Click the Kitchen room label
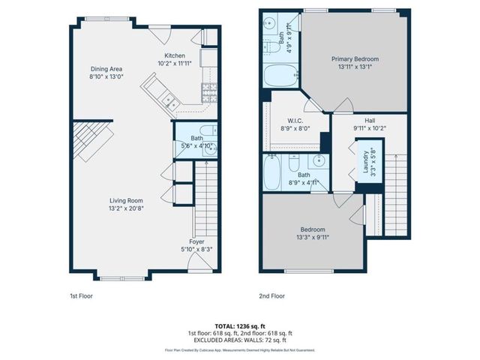pyautogui.click(x=175, y=55)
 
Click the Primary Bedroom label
pyautogui.click(x=356, y=58)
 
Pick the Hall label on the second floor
pyautogui.click(x=370, y=120)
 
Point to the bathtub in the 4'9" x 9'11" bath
pyautogui.click(x=281, y=76)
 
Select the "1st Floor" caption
pyautogui.click(x=81, y=296)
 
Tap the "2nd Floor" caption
pyautogui.click(x=271, y=296)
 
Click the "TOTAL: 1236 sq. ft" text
pyautogui.click(x=240, y=325)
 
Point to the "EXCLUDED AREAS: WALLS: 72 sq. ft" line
pyautogui.click(x=240, y=339)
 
